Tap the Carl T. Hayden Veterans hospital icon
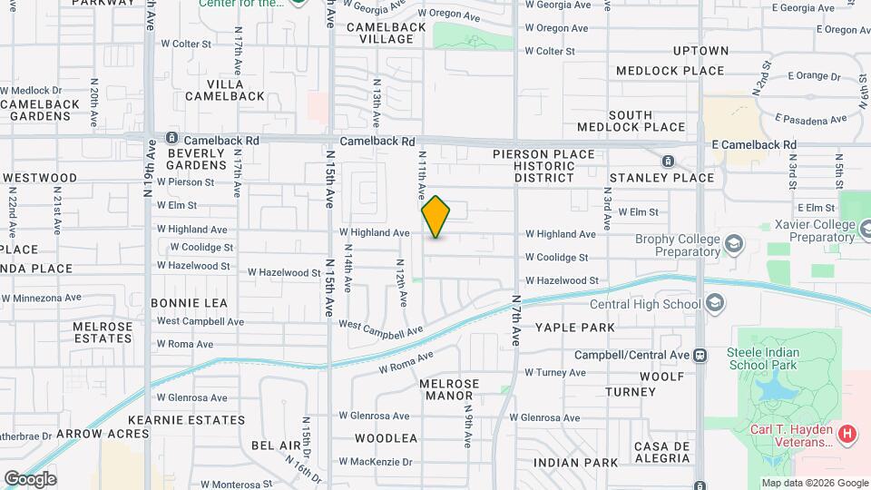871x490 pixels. coord(847,435)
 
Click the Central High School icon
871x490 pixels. coord(714,303)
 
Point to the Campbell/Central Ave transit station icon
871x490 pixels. coord(700,355)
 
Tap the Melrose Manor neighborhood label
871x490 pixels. coord(449,390)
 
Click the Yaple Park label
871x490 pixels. coord(574,327)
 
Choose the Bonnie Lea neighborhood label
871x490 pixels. coord(189,302)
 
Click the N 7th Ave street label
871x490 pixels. coord(515,319)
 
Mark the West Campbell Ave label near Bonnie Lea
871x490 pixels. coord(200,321)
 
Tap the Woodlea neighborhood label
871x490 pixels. coord(386,438)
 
